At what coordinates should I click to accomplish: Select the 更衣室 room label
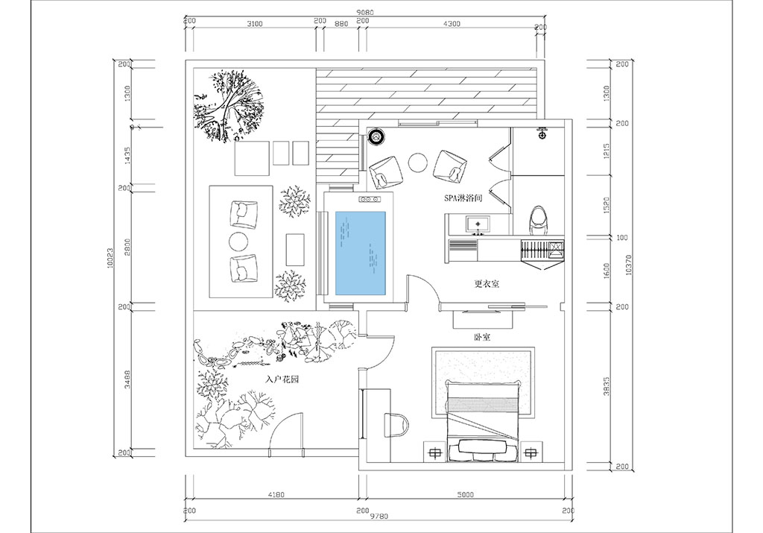[486, 284]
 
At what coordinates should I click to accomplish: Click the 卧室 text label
[481, 337]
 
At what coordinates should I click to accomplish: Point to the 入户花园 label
[282, 379]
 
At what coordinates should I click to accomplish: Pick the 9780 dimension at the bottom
[379, 516]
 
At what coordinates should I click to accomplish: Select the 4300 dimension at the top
[452, 24]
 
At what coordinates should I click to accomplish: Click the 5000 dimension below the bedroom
[465, 493]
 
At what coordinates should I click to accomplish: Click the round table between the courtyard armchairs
[238, 241]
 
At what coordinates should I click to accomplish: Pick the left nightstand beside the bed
[434, 451]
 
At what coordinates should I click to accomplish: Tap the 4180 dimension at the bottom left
[273, 493]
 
